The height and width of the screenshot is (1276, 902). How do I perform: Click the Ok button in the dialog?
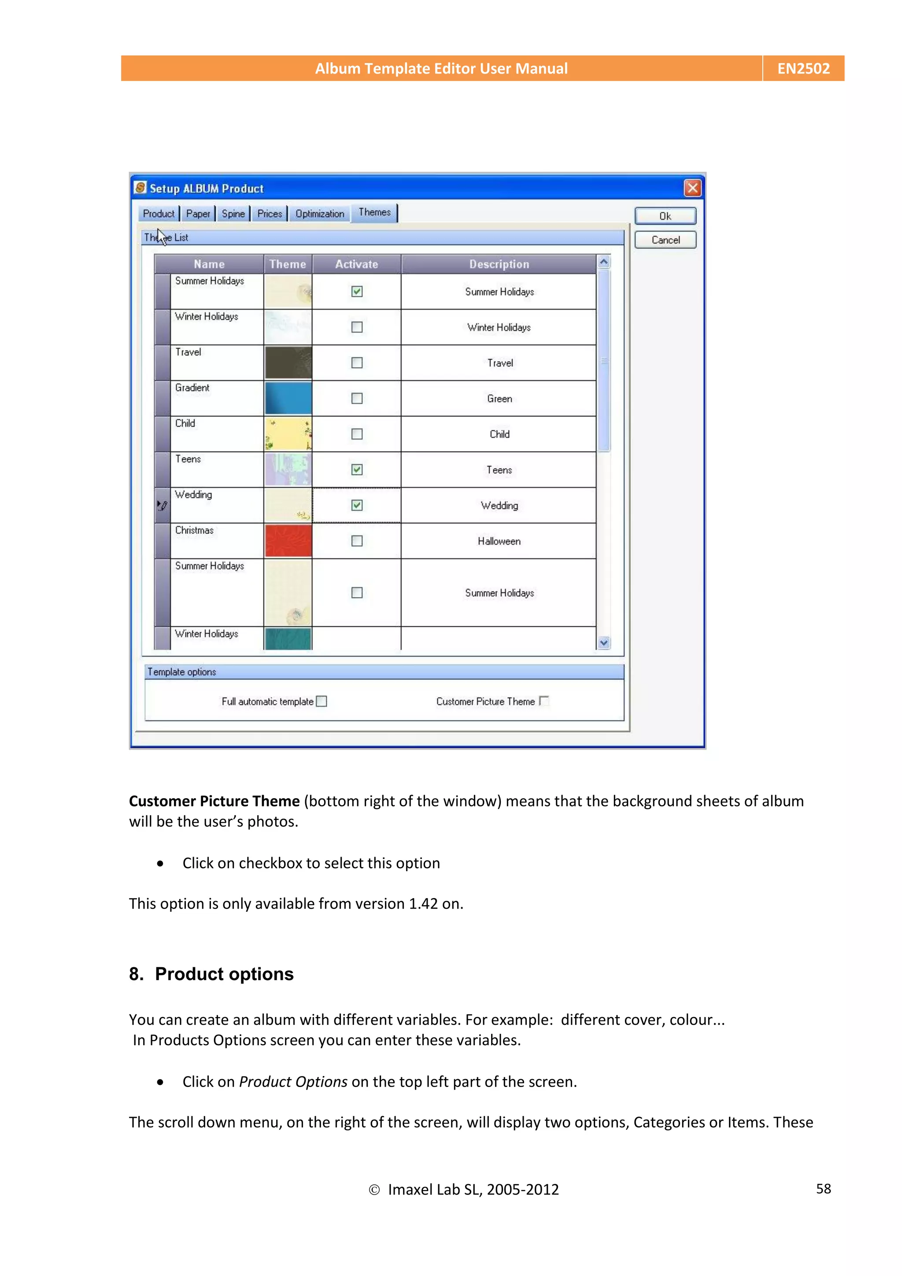tap(665, 216)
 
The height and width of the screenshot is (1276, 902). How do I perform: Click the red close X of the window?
tap(692, 189)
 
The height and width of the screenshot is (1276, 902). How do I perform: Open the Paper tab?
tap(198, 214)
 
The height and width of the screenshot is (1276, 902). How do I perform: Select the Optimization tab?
tap(320, 214)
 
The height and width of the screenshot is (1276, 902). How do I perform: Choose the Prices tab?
tap(270, 214)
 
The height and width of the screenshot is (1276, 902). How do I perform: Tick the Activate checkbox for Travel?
tap(357, 363)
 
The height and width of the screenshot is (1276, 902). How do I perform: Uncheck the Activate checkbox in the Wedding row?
tap(357, 505)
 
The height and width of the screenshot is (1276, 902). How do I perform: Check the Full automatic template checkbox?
tap(321, 701)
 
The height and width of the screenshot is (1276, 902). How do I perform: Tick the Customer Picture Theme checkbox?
tap(544, 701)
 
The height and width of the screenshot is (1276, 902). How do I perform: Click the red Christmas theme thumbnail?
tap(288, 541)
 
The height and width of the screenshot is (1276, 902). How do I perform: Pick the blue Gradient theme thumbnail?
tap(288, 399)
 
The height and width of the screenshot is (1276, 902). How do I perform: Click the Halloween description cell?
tap(499, 541)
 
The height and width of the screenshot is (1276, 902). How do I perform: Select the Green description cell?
tap(499, 399)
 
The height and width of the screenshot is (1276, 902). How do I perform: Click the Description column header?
tap(499, 264)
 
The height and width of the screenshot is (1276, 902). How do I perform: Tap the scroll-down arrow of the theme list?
tap(603, 643)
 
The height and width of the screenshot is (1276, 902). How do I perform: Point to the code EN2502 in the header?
tap(803, 68)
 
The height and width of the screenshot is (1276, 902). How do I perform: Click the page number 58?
tap(823, 1189)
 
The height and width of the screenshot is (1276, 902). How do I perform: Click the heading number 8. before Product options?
tap(136, 974)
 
